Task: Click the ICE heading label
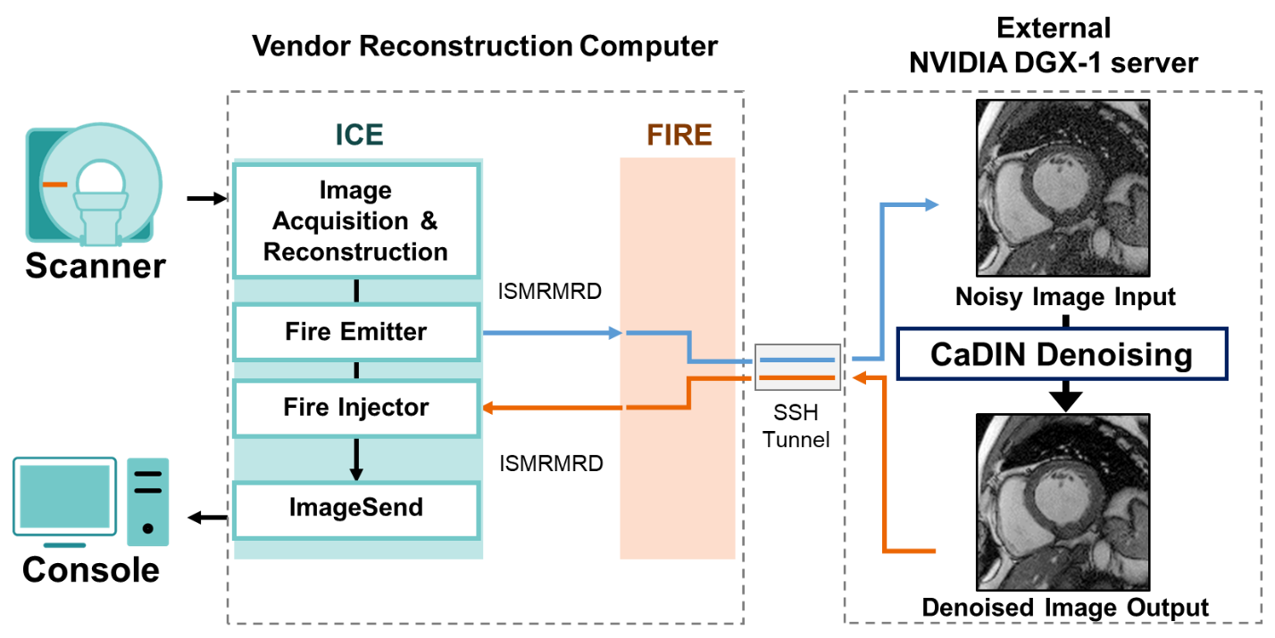(x=359, y=135)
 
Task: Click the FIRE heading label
(x=679, y=135)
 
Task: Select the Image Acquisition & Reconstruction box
(x=356, y=221)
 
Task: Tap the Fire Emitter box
(x=356, y=332)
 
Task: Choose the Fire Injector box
(x=356, y=408)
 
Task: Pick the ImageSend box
(x=356, y=509)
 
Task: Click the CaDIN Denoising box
(x=1062, y=354)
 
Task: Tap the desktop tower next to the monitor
(x=148, y=501)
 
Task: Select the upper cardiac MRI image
(x=1062, y=187)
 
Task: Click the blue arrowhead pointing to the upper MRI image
(x=932, y=204)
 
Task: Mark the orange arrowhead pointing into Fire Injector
(x=489, y=408)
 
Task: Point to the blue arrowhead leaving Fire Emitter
(x=614, y=333)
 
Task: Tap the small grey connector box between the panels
(x=798, y=367)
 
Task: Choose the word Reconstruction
(x=356, y=252)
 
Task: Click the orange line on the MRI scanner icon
(x=54, y=185)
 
